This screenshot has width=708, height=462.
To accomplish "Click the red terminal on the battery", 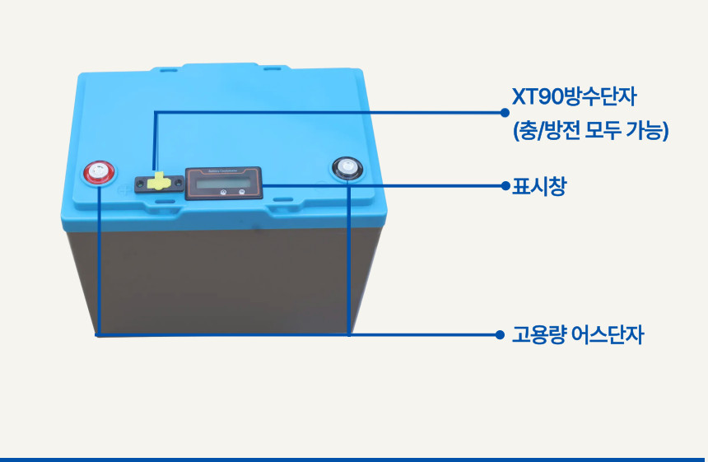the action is point(97,173).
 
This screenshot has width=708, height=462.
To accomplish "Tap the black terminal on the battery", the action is point(347,169).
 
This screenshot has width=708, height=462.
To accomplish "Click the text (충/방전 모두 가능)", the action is point(589,131).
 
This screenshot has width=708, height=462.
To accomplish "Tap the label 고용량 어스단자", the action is point(577,335).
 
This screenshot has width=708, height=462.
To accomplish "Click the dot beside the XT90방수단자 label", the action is point(504,111).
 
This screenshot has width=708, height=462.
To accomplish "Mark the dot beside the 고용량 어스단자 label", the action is point(499,335).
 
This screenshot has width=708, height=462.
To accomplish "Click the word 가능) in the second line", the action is point(649,131).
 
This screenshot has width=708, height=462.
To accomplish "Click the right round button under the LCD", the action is point(242,194).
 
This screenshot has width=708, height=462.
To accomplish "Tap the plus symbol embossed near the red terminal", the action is point(121,188).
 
